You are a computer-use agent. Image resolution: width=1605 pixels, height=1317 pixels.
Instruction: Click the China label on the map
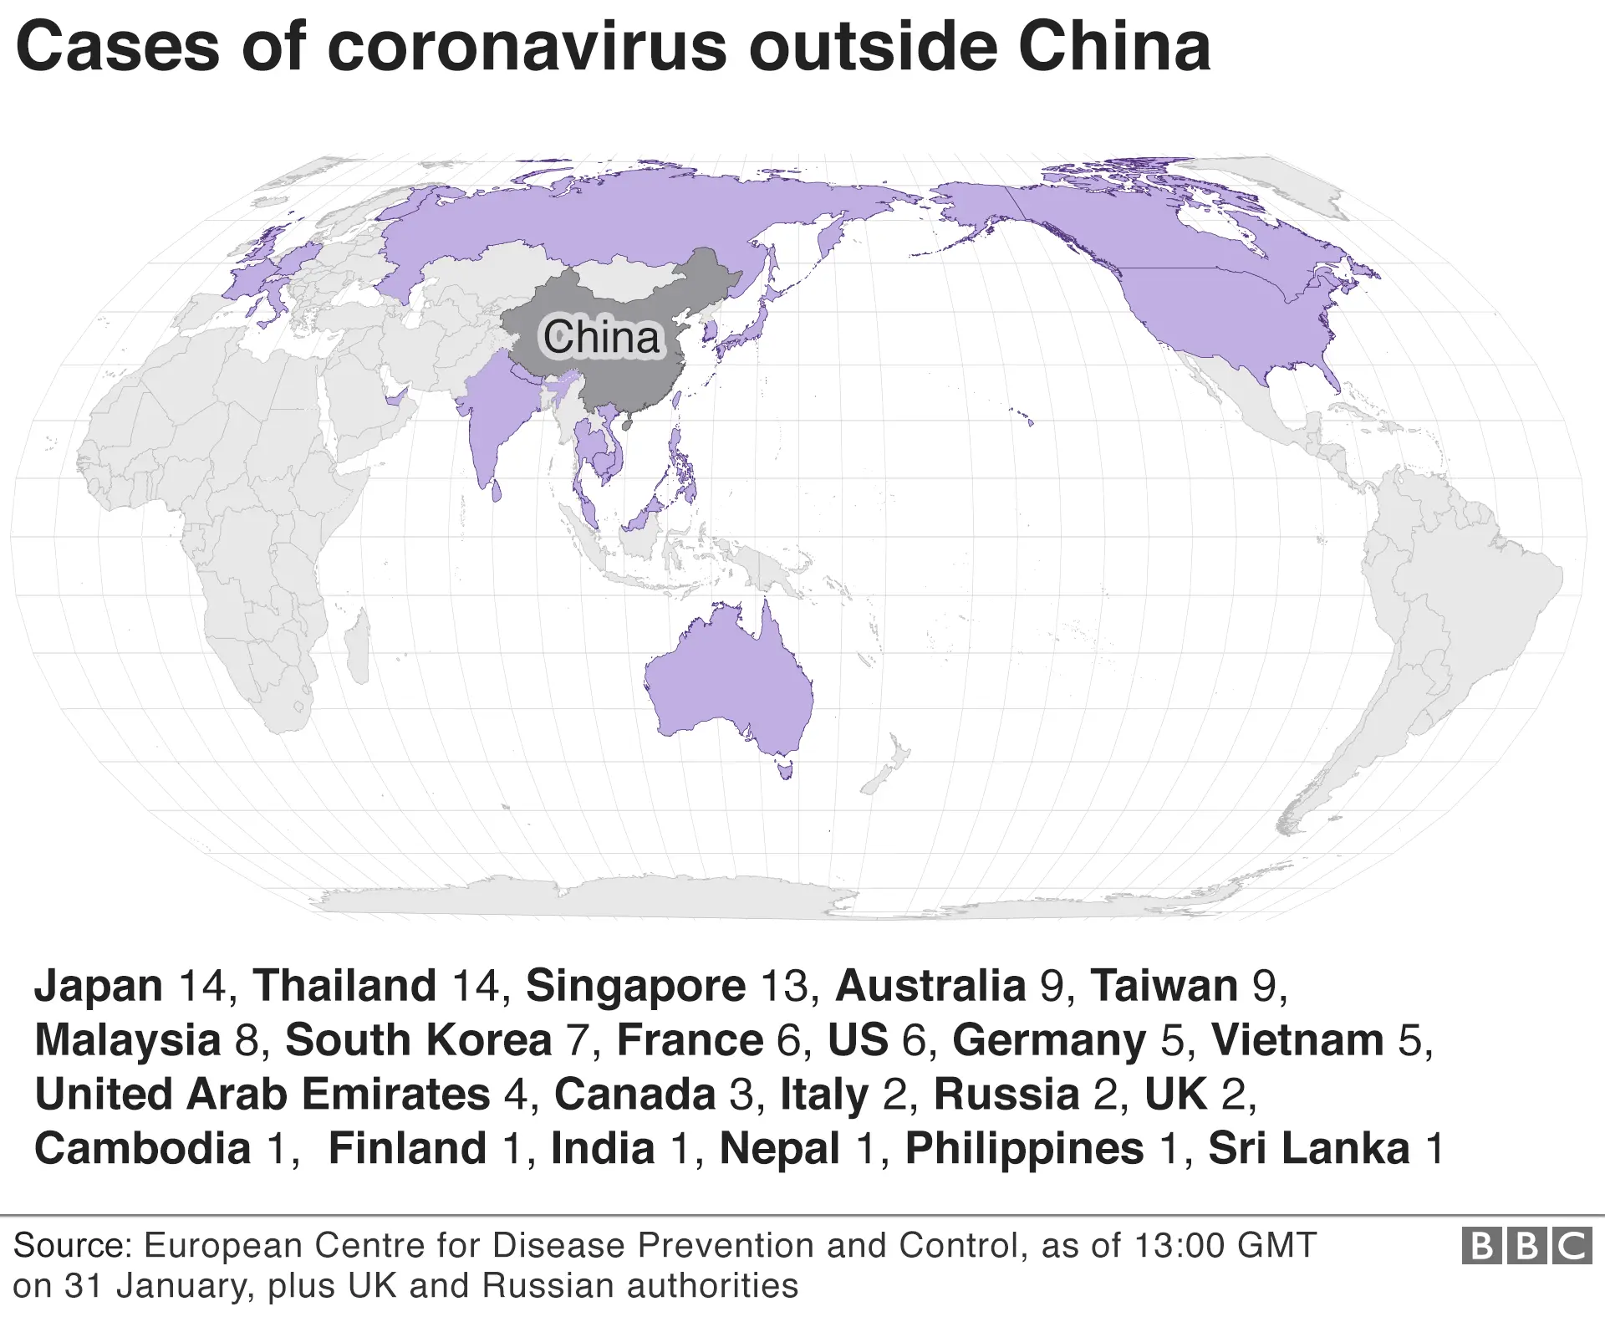tap(602, 337)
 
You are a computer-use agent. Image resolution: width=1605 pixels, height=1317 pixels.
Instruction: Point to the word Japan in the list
tap(99, 986)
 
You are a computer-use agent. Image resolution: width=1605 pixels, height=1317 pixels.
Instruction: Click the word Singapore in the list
tap(635, 986)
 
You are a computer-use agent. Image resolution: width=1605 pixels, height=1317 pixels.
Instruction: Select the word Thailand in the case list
tap(344, 986)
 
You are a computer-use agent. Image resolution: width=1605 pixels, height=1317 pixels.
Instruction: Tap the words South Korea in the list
tap(419, 1040)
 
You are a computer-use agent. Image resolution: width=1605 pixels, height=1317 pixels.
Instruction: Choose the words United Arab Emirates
tap(262, 1095)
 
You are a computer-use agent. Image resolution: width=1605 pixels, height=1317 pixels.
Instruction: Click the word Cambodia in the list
tap(143, 1148)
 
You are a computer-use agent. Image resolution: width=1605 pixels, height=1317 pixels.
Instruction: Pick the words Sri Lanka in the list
tap(1309, 1148)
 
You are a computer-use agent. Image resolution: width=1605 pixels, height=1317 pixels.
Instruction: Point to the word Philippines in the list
tap(1025, 1148)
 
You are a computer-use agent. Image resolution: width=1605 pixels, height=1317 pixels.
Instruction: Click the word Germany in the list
tap(1049, 1040)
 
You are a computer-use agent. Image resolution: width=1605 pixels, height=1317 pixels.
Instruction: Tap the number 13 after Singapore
tap(785, 986)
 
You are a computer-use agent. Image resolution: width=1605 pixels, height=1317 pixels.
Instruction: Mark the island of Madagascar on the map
tap(359, 631)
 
